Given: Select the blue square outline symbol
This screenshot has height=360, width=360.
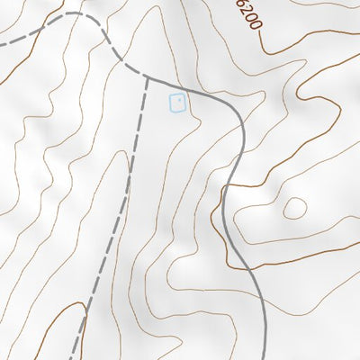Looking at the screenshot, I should [x=178, y=103].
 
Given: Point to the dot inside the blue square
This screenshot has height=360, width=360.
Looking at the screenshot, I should [x=179, y=102].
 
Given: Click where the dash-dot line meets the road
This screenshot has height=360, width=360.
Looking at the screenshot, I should [x=147, y=76].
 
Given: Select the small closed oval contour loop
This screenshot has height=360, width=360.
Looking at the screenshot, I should [x=293, y=209].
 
